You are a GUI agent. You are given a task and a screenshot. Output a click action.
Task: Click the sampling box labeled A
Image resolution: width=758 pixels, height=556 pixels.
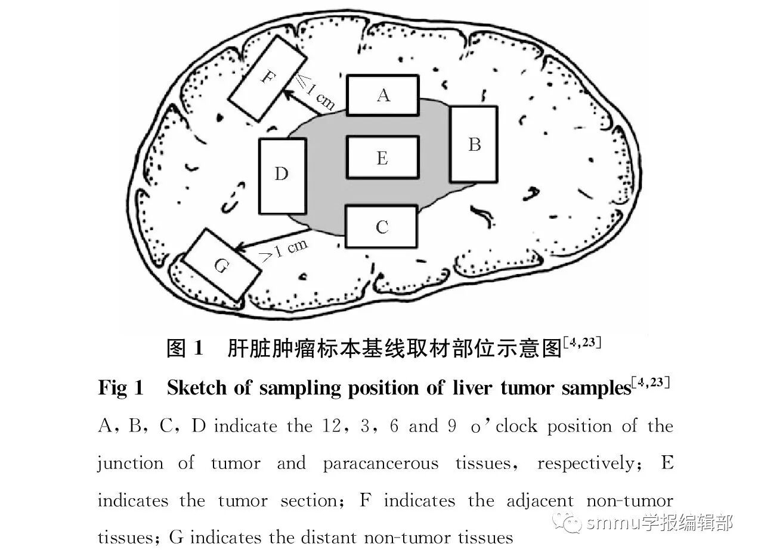382,95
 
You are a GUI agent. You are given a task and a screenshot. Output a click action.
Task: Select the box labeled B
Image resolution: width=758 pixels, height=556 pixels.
474,144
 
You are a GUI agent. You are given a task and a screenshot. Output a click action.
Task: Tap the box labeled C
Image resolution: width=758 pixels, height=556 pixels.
382,226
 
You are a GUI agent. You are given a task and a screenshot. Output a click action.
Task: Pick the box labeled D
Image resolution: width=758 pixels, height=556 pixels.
282,175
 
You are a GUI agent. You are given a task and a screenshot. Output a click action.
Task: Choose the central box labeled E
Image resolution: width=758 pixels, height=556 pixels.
382,157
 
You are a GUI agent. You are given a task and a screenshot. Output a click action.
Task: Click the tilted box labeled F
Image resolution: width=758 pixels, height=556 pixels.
268,79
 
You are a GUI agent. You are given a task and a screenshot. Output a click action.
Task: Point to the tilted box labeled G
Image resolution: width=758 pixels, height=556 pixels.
222,265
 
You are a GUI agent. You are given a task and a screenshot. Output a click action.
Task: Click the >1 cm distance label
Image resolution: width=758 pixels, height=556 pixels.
284,249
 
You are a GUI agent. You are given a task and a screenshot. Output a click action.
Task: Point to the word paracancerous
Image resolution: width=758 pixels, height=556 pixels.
380,464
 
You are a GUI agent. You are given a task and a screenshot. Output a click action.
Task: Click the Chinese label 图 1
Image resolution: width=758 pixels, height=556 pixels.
185,348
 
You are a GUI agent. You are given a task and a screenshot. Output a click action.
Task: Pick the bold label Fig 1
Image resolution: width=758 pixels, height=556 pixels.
120,388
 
